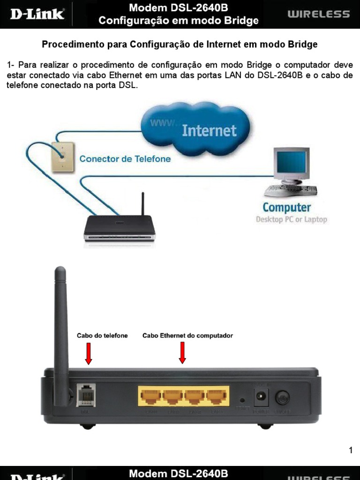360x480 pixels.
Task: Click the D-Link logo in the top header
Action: (37, 14)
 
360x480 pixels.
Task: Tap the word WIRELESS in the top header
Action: (318, 14)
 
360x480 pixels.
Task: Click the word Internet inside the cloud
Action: (209, 130)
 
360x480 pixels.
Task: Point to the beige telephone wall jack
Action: (62, 156)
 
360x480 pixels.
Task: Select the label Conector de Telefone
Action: (125, 159)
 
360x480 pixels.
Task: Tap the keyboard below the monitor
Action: (291, 190)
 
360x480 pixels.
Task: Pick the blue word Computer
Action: (286, 207)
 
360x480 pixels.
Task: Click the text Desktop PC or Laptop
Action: (291, 219)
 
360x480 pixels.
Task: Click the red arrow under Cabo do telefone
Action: (88, 353)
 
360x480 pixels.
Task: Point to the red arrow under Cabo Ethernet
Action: (182, 352)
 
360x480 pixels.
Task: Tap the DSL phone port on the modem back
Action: (85, 395)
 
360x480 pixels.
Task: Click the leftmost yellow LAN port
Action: (150, 397)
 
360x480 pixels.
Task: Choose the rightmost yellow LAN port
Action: (217, 397)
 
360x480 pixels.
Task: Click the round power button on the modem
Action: (282, 397)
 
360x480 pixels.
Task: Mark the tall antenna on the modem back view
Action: (60, 328)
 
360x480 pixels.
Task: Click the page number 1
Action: (350, 451)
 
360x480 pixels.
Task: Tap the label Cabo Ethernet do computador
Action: (187, 336)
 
